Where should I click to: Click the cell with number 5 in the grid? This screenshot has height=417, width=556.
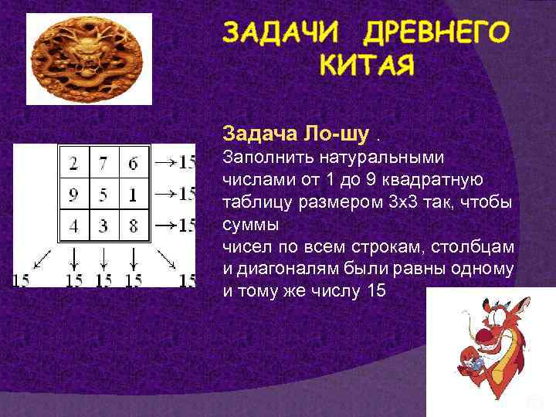[103, 194]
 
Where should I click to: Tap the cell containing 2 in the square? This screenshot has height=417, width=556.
[73, 163]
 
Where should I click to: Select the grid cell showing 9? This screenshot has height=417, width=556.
[73, 194]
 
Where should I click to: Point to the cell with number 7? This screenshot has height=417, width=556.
[103, 163]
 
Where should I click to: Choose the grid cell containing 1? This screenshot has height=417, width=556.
[133, 194]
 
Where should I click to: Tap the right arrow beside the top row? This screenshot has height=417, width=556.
[164, 162]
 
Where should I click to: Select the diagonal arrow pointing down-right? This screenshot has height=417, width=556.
[165, 257]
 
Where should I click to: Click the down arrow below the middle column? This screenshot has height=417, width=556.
[103, 257]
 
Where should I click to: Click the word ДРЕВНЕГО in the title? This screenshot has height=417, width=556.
[436, 33]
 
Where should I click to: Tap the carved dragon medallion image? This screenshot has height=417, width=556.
[80, 59]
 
